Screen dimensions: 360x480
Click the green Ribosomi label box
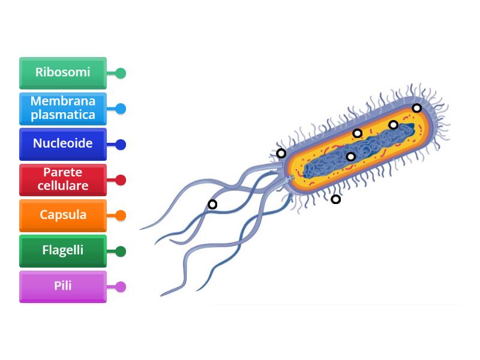pos(63,73)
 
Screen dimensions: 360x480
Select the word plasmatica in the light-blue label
pos(63,115)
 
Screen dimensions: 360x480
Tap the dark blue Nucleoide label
pos(63,144)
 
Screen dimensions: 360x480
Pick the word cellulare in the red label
pos(63,186)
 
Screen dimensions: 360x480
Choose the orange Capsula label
pos(63,215)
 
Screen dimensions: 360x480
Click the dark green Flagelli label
pos(63,250)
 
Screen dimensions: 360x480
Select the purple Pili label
pos(63,286)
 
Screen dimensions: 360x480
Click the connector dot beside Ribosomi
pos(121,73)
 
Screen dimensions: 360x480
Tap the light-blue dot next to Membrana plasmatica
pos(121,109)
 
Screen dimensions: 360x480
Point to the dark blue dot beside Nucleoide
pos(121,145)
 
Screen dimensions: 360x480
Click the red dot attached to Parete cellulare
pos(121,180)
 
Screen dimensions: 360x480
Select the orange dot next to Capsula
pos(121,215)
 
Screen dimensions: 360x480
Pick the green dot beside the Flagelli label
pos(121,251)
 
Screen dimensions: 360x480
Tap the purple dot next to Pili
pos(121,287)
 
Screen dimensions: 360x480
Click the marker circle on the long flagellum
pos(212,204)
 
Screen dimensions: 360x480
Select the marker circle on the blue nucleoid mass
pos(351,157)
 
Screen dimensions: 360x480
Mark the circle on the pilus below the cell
pos(336,199)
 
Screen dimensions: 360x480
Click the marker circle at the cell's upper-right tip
pos(416,108)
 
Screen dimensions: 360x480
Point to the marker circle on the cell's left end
pos(281,153)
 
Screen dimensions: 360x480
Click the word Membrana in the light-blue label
pos(63,101)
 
